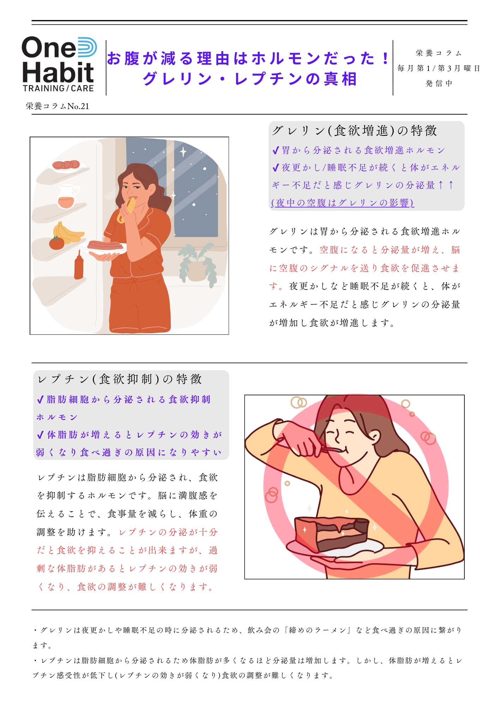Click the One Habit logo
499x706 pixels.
(x=59, y=64)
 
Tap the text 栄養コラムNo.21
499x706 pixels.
(x=57, y=106)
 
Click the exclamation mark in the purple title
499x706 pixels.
(x=385, y=59)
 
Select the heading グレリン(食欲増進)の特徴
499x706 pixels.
(x=354, y=131)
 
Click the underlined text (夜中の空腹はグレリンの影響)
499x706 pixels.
(x=342, y=203)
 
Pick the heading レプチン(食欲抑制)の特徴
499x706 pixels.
(x=120, y=379)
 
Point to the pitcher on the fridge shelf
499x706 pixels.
(x=67, y=196)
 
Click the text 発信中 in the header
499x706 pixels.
(x=439, y=84)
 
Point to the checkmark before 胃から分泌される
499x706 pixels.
(x=276, y=151)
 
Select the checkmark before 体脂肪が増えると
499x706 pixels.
(x=40, y=435)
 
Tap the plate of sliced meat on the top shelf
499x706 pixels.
(x=66, y=165)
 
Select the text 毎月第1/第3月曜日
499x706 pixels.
(x=439, y=68)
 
